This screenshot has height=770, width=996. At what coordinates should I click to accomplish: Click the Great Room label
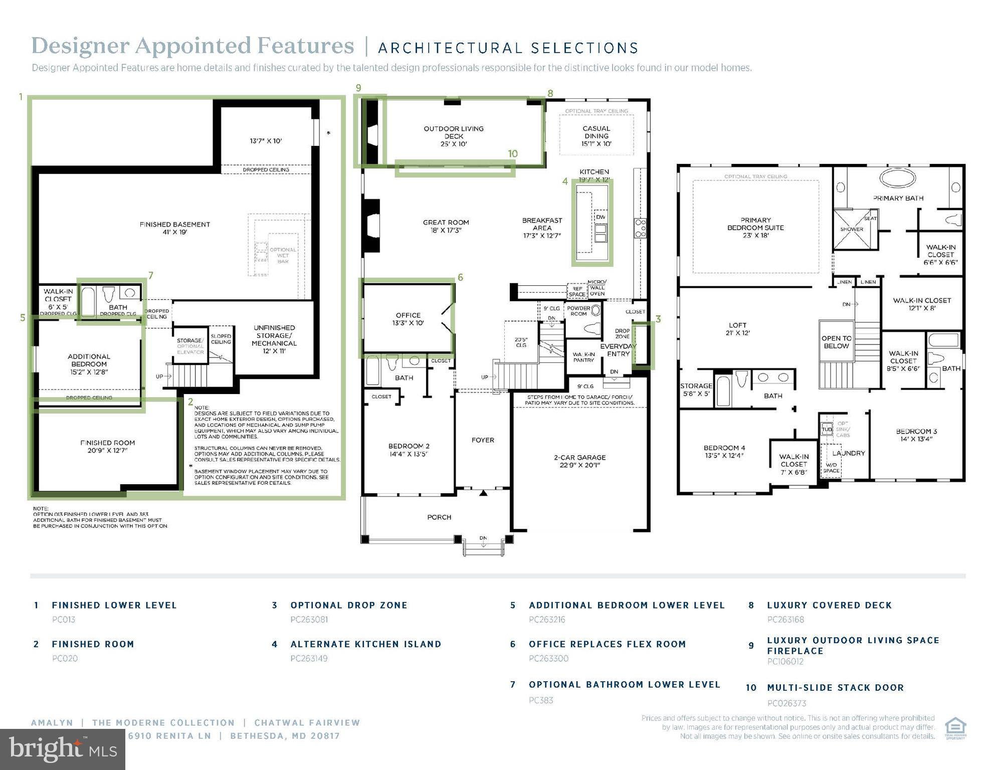446,226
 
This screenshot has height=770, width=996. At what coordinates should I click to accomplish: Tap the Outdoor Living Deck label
454,136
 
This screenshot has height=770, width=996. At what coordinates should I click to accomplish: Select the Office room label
408,319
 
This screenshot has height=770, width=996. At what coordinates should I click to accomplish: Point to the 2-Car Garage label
579,461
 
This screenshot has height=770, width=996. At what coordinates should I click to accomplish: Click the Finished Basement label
174,228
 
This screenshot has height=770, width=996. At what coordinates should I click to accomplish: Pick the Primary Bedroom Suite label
755,227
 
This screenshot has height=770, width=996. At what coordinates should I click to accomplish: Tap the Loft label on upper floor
737,329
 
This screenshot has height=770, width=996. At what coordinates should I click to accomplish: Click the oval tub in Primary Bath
898,179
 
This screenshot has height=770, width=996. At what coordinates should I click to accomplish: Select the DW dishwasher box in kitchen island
601,217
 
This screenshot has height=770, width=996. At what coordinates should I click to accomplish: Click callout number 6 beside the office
460,277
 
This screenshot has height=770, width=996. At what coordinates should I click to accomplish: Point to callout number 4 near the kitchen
565,181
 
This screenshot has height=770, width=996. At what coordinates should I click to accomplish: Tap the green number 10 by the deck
512,154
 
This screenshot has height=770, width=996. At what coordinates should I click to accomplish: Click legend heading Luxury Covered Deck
829,605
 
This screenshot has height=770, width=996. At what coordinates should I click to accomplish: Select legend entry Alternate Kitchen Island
365,644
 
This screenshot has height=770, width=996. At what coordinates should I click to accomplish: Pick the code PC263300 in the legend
548,658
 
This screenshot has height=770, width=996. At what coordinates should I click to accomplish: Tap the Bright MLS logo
62,749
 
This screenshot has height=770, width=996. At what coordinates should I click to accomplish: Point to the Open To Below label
836,342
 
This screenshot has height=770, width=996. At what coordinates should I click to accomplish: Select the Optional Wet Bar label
283,255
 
